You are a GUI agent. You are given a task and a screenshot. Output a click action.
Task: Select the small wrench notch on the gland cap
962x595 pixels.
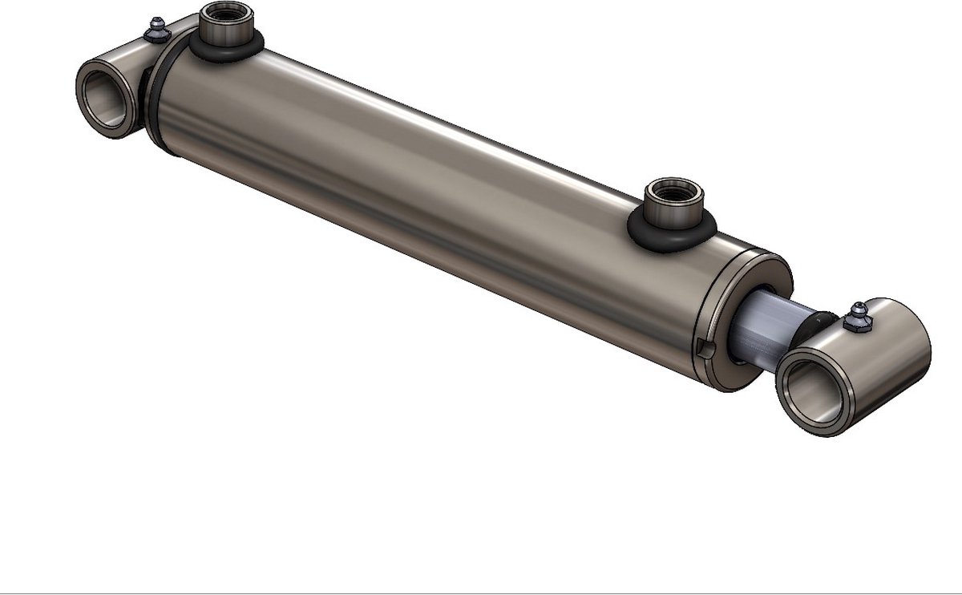704,349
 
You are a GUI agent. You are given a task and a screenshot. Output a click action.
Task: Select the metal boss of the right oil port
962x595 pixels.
673,212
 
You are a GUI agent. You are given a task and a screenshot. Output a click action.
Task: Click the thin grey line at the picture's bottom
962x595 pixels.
481,593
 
